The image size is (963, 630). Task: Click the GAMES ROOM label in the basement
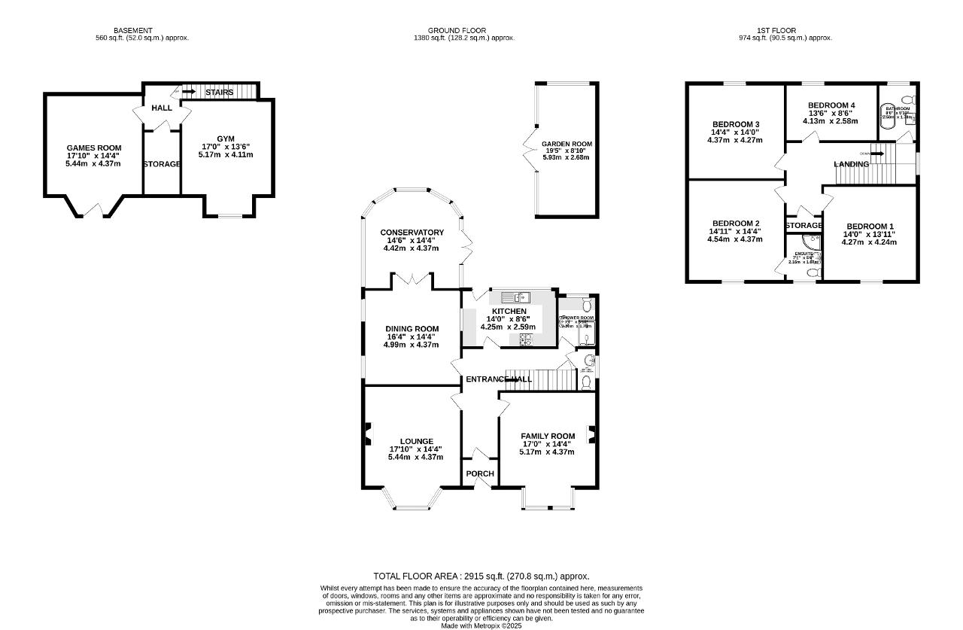pos(94,148)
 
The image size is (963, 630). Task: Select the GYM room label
pos(226,138)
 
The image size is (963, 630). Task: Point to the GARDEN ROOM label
pos(567,144)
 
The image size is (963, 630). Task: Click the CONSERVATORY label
pos(412,232)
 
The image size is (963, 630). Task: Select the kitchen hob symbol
pos(525,340)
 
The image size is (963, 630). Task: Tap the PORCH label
pos(480,473)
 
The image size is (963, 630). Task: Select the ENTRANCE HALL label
pos(498,379)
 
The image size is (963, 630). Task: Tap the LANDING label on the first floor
pos(851,164)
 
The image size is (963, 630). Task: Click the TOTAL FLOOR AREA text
pos(481,576)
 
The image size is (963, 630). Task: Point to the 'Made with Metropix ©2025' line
pos(481,625)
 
